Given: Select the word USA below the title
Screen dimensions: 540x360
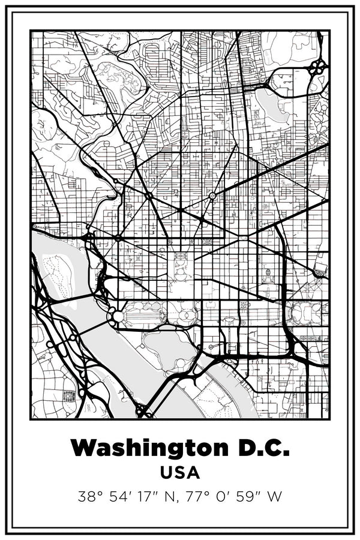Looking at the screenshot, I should (x=180, y=472).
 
